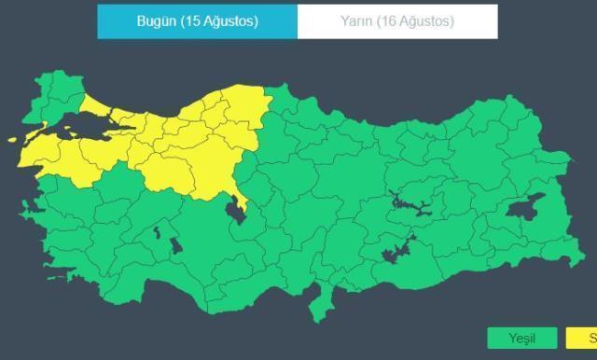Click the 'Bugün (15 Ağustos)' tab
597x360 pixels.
[x=198, y=21]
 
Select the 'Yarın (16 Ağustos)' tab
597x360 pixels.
[x=397, y=21]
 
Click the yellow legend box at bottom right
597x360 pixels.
[x=580, y=338]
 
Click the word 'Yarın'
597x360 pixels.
[x=358, y=21]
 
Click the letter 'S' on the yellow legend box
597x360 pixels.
[x=591, y=338]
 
